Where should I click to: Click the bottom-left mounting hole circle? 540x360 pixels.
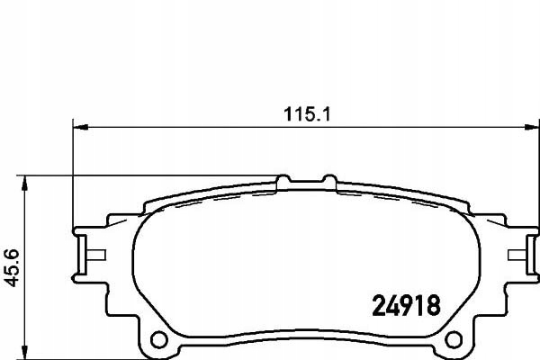pos(159,340)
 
